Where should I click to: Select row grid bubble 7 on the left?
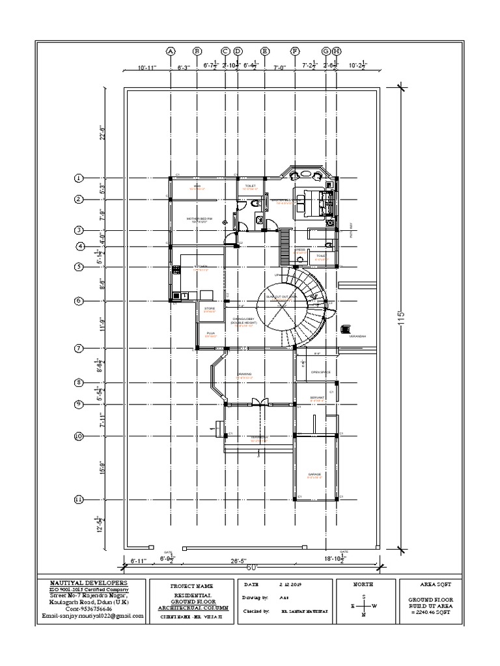coord(79,349)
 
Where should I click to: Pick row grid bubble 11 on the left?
coord(79,499)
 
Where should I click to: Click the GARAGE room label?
coord(316,475)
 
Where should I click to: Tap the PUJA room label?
coord(210,333)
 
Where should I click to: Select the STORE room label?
coord(209,308)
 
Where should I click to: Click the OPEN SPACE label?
coord(320,372)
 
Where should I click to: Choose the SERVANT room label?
coord(317,397)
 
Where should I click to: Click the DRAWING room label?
coord(244,375)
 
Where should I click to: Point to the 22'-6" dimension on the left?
coord(102,133)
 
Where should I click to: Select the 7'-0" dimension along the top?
coord(279,66)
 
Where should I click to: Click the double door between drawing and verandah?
coord(259,402)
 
